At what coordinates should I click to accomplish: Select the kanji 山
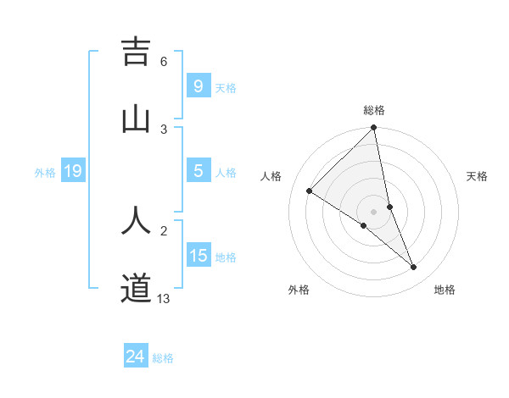coord(136,119)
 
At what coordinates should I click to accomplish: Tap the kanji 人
coord(136,220)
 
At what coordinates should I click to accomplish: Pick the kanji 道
coord(136,289)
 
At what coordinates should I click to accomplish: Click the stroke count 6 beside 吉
coord(164,62)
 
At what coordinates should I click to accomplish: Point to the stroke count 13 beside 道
coord(164,298)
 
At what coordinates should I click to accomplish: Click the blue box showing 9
coord(198,86)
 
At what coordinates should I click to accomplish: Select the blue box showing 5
coord(198,171)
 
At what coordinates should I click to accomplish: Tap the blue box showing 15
coord(198,256)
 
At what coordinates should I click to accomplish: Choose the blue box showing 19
coord(72,171)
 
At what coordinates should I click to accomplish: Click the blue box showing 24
coord(135,357)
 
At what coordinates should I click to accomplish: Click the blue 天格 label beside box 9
coord(226,87)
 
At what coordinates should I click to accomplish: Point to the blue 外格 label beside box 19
coord(45,173)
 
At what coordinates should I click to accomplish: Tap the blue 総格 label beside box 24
coord(163,358)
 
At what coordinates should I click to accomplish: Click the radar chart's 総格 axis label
coord(374,110)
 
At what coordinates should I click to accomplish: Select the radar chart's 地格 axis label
coord(445,290)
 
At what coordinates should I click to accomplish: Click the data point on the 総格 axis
coord(374,129)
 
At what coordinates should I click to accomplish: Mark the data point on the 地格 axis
coord(414,268)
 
